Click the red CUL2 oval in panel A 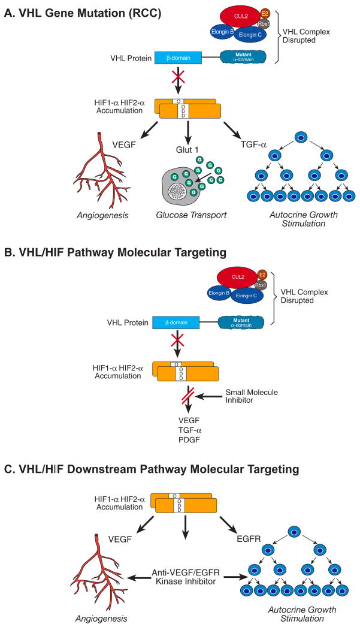coord(241,17)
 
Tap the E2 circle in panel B coord(262,275)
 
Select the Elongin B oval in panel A coord(223,32)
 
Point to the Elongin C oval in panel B coord(244,296)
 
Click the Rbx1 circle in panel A coord(264,23)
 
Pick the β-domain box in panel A coord(178,58)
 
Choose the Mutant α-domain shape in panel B coord(241,322)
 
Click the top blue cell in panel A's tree coord(302,137)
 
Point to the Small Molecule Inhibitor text coord(252,396)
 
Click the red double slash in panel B coord(187,396)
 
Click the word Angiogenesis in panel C coord(101,619)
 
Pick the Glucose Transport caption coord(191,215)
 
